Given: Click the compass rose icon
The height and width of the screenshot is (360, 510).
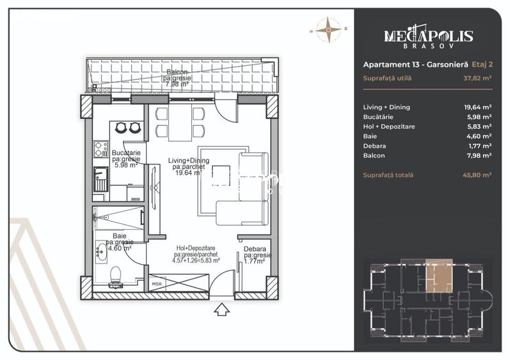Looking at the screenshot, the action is [x=328, y=30].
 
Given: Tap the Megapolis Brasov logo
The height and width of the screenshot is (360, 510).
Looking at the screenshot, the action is [x=428, y=36].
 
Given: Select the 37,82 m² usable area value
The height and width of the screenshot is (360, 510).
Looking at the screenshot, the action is [x=477, y=78].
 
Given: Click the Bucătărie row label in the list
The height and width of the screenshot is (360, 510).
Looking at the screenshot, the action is [x=378, y=116].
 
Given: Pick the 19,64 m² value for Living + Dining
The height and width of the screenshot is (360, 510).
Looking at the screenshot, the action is [x=477, y=107].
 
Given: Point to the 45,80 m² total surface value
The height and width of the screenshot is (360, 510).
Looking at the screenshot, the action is [x=477, y=175].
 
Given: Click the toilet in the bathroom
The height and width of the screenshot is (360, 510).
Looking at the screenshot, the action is [x=115, y=277].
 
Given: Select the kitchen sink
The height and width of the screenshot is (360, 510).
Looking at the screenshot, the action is [x=101, y=179].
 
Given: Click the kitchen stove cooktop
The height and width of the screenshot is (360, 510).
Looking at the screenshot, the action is [x=101, y=149].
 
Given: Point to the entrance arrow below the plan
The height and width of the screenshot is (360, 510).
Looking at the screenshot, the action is [x=221, y=309].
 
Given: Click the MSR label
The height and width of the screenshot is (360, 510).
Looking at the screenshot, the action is [x=157, y=284].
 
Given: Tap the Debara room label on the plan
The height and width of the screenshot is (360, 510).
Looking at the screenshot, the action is [x=255, y=249].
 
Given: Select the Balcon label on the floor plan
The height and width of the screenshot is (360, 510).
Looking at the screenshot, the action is [x=177, y=72].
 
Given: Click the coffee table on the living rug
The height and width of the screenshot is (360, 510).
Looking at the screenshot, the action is [x=221, y=176].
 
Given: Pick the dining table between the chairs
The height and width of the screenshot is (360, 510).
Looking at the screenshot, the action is [x=180, y=122].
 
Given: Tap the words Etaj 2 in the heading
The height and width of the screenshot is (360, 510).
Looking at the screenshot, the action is [x=482, y=65].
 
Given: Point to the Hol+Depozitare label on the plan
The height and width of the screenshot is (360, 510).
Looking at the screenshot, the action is [x=196, y=248].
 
